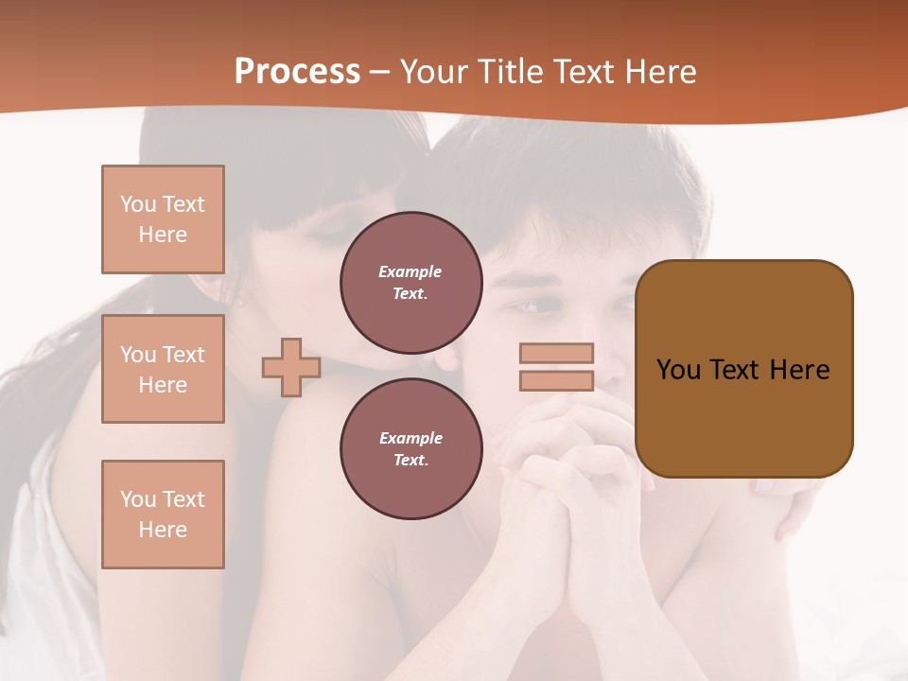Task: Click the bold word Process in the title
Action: [297, 71]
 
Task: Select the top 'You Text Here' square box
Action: [163, 219]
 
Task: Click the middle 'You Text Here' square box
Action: [163, 369]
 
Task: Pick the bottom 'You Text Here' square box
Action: [163, 514]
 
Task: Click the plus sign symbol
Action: [291, 367]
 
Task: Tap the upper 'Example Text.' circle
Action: [410, 282]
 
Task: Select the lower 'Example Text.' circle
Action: [410, 448]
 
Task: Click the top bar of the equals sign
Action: [556, 353]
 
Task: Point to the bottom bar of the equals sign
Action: [556, 381]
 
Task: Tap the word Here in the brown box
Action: [799, 369]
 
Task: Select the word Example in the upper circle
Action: [410, 271]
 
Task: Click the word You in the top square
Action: [137, 204]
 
